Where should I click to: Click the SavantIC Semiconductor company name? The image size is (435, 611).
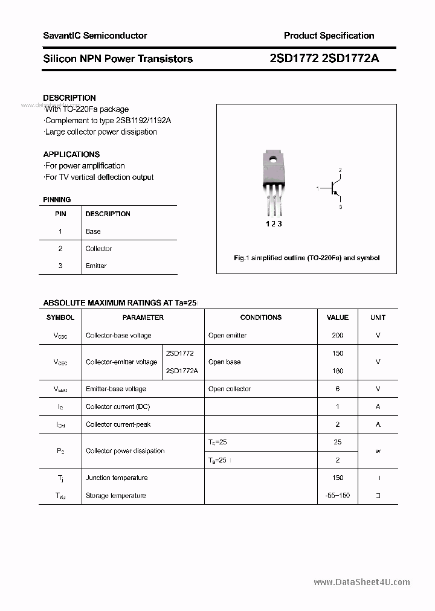pyautogui.click(x=95, y=36)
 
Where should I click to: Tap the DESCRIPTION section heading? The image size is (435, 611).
pyautogui.click(x=69, y=98)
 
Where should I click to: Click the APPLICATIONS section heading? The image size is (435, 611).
pyautogui.click(x=71, y=154)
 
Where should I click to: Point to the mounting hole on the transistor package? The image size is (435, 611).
pyautogui.click(x=272, y=161)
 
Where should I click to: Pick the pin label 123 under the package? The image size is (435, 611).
pyautogui.click(x=274, y=224)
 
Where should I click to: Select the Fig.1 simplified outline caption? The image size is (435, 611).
pyautogui.click(x=306, y=258)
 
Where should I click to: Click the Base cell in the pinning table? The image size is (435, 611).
pyautogui.click(x=93, y=231)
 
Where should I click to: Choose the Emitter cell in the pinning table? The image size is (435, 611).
pyautogui.click(x=96, y=266)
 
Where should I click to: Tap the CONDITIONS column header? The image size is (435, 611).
pyautogui.click(x=260, y=318)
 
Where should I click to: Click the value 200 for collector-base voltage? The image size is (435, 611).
pyautogui.click(x=337, y=335)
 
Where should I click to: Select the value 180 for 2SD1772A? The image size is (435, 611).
pyautogui.click(x=337, y=371)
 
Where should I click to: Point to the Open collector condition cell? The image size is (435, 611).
pyautogui.click(x=230, y=389)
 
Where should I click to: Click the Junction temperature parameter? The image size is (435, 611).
pyautogui.click(x=117, y=478)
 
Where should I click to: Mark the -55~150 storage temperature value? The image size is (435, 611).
pyautogui.click(x=337, y=496)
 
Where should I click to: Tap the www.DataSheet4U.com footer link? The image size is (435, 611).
pyautogui.click(x=362, y=582)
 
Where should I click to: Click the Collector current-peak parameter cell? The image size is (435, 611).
pyautogui.click(x=118, y=424)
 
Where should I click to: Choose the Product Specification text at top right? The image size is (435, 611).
pyautogui.click(x=329, y=36)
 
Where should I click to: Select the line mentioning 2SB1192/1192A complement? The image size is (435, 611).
pyautogui.click(x=108, y=120)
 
